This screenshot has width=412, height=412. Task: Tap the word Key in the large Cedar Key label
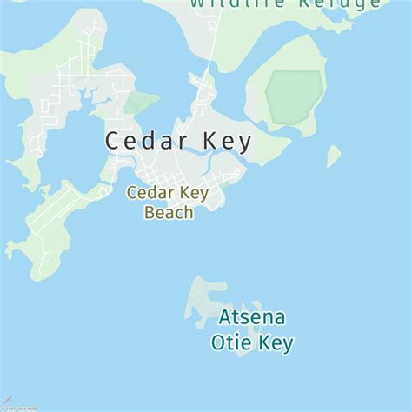223,141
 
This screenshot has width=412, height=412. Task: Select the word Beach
169,212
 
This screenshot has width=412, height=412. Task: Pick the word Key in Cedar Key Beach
194,193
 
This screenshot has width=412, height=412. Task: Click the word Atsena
252,316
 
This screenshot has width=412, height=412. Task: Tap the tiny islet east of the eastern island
333,156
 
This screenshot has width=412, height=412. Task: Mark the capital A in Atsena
225,316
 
